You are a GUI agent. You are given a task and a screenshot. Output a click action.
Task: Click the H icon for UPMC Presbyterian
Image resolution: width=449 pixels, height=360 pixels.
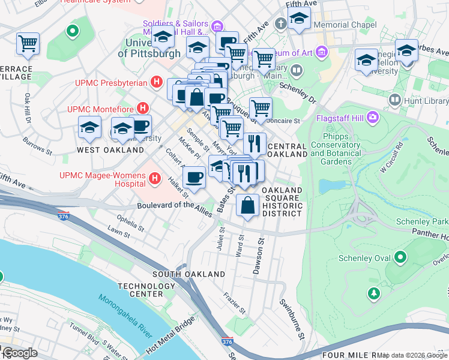157,81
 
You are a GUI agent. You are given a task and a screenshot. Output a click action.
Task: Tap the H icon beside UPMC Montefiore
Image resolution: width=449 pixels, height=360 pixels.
142,109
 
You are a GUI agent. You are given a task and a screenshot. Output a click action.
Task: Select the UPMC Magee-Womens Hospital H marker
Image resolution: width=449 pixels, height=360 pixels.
155,178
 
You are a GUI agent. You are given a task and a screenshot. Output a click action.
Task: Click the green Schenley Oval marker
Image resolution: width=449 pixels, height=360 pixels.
400,259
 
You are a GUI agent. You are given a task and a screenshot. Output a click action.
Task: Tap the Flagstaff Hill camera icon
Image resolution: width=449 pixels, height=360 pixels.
373,116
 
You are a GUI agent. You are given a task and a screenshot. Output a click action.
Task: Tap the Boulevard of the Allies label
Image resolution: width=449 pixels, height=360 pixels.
175,206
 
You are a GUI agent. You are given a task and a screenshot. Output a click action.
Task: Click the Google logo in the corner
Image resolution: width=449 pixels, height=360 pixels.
19,353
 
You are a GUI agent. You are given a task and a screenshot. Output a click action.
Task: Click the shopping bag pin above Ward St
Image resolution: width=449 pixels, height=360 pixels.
247,205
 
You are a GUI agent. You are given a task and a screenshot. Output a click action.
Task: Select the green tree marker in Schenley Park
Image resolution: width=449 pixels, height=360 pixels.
373,293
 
